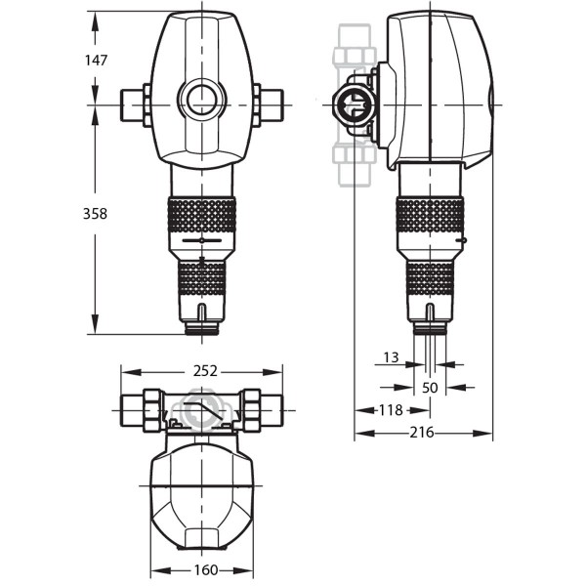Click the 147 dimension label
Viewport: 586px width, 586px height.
coord(96,60)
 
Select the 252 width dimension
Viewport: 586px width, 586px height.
coord(203,371)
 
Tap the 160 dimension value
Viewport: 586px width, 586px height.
coord(202,569)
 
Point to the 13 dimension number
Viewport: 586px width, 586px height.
coord(390,357)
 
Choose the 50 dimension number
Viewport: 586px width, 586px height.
coord(430,387)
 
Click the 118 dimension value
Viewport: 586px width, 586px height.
coord(391,410)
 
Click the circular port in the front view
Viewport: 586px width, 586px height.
coord(202,100)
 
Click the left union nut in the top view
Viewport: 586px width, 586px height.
coord(152,409)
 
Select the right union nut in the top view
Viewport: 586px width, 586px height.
coord(251,409)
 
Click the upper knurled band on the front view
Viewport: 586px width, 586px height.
coord(201,215)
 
